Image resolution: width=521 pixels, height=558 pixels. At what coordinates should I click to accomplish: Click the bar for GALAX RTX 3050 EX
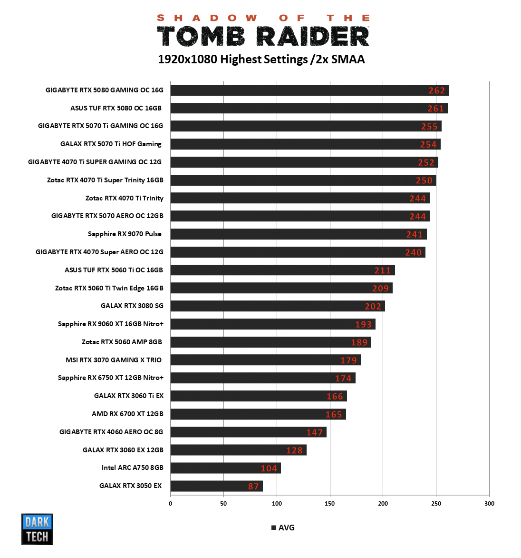216,486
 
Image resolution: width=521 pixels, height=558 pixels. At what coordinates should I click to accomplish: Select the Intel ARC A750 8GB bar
225,468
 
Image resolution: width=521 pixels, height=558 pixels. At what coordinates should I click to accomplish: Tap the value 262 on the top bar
436,90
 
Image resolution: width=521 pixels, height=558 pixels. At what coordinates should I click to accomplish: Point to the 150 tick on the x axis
330,503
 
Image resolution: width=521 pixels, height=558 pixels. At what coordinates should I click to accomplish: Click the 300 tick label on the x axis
489,503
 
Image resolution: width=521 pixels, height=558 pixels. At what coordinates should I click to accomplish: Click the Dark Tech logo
37,529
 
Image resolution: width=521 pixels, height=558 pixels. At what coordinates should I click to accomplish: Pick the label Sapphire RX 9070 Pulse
125,234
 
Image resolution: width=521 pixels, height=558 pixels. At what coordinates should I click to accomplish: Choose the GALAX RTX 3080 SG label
132,306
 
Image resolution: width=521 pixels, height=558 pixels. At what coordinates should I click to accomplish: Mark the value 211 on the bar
382,270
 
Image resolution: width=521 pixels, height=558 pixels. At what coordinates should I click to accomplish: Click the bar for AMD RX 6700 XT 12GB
258,414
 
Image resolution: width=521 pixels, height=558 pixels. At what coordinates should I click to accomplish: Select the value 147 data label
314,432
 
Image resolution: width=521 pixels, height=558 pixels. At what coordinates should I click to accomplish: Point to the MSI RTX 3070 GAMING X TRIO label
114,360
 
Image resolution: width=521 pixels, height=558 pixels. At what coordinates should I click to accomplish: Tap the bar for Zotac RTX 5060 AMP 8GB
270,342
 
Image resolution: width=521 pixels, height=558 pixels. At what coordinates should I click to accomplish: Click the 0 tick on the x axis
171,503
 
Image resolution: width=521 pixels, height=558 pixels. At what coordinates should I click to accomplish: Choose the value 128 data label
294,450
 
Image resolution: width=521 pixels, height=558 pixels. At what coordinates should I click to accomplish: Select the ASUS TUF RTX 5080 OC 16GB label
116,108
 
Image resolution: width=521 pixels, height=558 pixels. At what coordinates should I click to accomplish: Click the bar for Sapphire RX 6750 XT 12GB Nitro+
263,378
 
